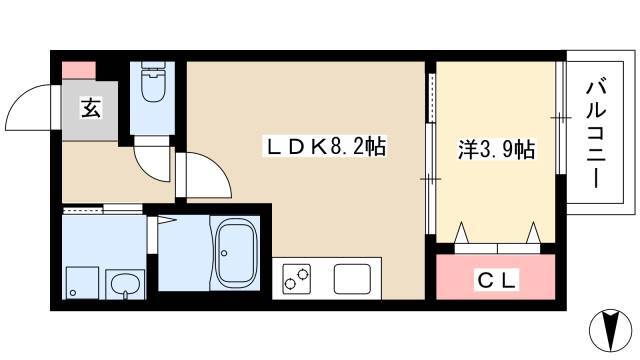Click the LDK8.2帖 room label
pos(325,147)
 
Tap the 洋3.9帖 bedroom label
pos(496,149)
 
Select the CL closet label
pos(496,280)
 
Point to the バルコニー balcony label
pos(596,135)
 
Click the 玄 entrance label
pos(91,108)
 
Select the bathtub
pos(237,254)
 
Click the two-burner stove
pos(297,278)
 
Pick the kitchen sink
pos(352,279)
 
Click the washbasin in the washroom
pos(126,284)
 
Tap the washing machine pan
pos(82,283)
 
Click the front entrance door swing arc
pos(22,96)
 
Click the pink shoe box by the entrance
pos(79,70)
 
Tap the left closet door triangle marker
pos(462,232)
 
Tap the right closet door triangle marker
pos(533,232)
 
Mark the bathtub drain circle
pos(224,253)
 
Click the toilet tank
pos(153,67)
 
